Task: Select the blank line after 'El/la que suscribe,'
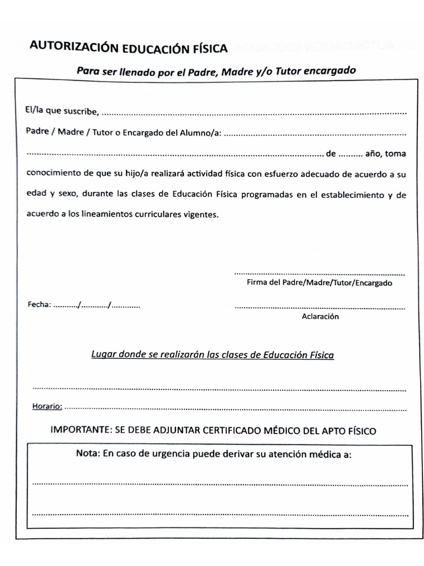[x=254, y=113]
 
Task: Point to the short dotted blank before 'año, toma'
[x=351, y=154]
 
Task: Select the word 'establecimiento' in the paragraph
[x=350, y=195]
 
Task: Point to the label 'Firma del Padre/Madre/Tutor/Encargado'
[x=319, y=283]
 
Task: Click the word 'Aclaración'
[x=320, y=317]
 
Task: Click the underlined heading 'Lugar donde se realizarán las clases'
[x=212, y=355]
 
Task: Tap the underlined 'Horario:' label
[x=47, y=406]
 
